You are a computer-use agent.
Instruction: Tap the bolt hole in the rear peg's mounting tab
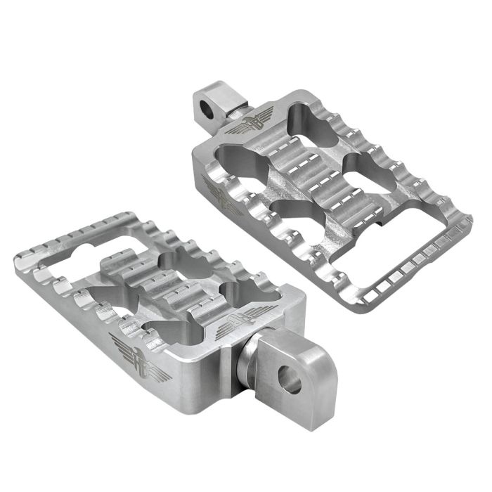click(207, 107)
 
